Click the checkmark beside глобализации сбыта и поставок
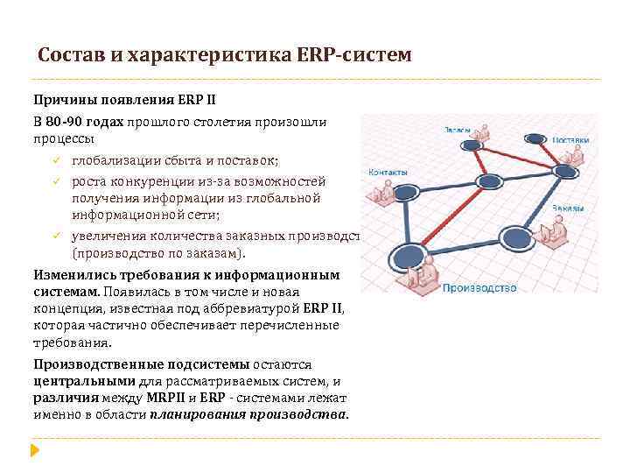click(53, 161)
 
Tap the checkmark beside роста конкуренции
click(53, 181)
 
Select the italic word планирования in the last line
click(194, 414)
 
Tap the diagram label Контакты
click(387, 172)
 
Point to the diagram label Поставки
click(570, 140)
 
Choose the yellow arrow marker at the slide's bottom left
click(35, 451)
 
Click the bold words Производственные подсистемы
click(143, 364)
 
